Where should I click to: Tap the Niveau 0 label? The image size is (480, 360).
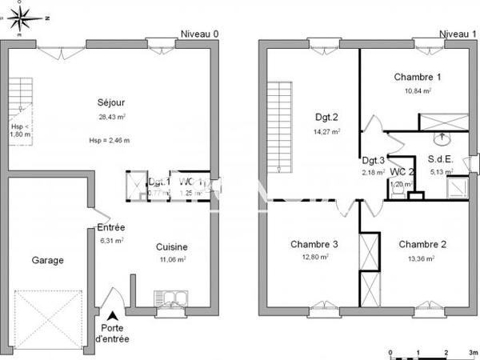tap(200, 34)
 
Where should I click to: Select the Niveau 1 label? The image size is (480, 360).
tap(458, 34)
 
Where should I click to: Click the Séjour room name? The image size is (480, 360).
tap(111, 102)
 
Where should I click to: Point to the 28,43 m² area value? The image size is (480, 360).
tap(111, 116)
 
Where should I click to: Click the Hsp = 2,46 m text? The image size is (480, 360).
tap(110, 141)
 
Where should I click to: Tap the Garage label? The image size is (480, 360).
tap(47, 260)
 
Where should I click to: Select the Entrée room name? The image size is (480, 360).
tap(111, 227)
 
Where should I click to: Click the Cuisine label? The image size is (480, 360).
tap(171, 247)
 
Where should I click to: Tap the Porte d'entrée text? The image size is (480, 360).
tap(111, 333)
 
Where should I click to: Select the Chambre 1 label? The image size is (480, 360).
tap(418, 78)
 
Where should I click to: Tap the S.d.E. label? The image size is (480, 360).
tap(442, 159)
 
